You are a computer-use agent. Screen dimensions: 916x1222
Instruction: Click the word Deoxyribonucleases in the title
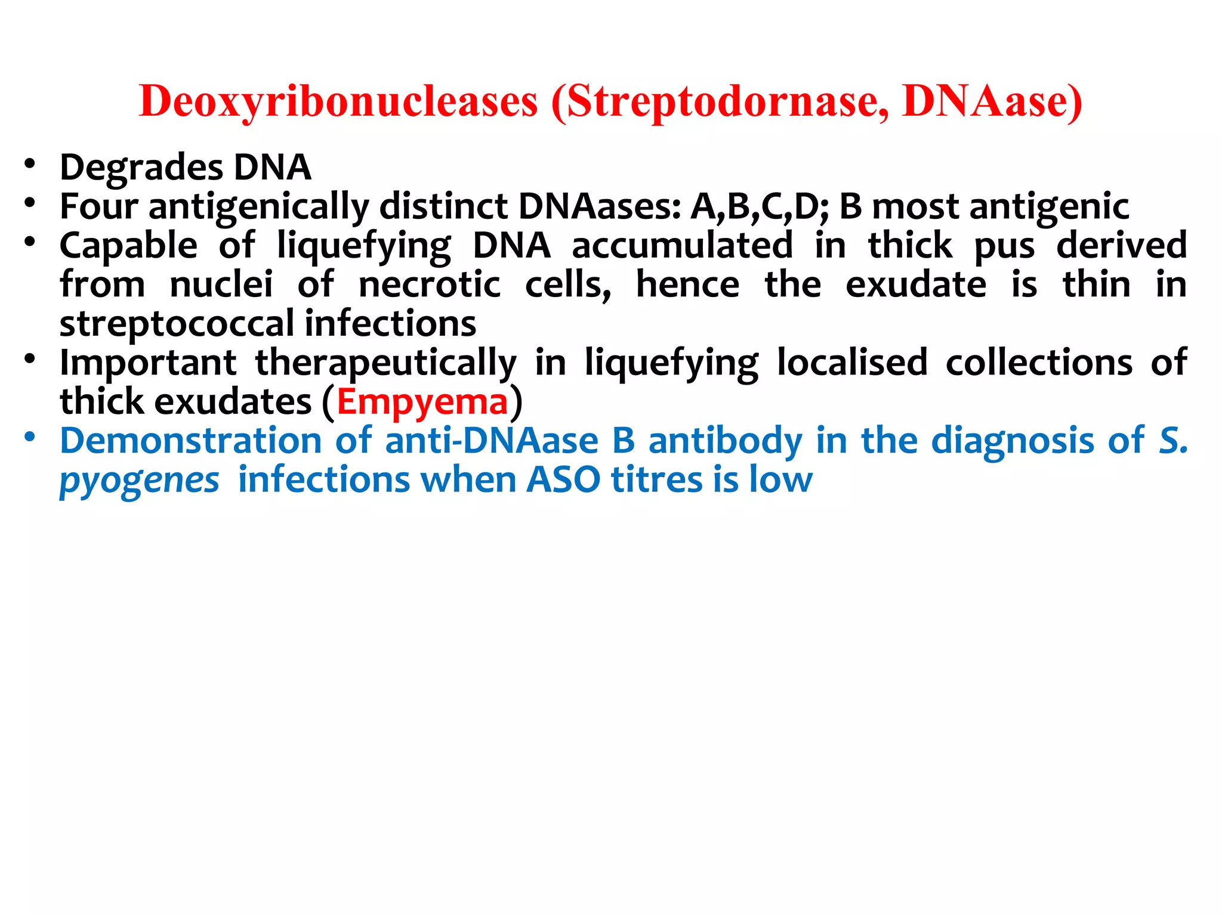338,101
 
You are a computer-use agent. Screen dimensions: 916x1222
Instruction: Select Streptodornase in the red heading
727,101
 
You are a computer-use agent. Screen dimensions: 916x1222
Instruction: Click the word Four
98,206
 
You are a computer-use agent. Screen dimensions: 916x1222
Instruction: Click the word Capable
128,246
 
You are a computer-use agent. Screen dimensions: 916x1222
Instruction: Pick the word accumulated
682,246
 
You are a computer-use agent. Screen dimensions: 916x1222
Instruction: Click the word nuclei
221,284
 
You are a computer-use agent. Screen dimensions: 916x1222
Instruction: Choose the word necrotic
429,284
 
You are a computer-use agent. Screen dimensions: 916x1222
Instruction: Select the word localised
852,363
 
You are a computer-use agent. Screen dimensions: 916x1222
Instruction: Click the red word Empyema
422,403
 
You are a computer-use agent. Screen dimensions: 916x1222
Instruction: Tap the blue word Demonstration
191,441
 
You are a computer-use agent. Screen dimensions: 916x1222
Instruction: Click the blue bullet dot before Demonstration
30,437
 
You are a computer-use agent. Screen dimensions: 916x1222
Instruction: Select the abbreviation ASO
563,480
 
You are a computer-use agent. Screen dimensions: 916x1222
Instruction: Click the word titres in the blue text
657,480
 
